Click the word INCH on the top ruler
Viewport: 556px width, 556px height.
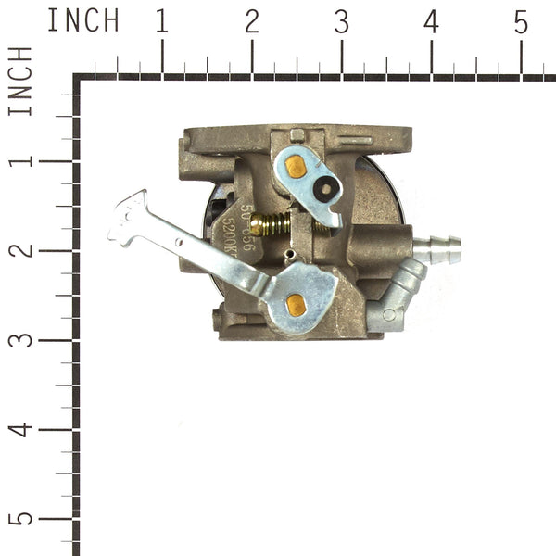coord(82,20)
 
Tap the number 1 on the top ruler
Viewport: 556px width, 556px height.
coord(162,21)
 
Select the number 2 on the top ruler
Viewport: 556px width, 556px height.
coord(251,21)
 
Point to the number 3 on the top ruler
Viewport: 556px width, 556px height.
coord(341,21)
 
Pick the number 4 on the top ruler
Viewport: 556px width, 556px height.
coord(431,21)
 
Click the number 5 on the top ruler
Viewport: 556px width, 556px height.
coord(521,21)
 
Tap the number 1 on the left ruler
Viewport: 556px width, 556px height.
coord(21,160)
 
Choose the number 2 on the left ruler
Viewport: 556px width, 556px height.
coord(21,250)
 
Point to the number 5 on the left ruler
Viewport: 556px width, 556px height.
coord(21,518)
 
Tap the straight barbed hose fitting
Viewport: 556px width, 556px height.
coord(436,248)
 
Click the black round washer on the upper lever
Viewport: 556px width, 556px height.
coord(325,189)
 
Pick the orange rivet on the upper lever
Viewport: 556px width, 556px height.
coord(296,167)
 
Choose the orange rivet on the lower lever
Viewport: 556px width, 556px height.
coord(296,303)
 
